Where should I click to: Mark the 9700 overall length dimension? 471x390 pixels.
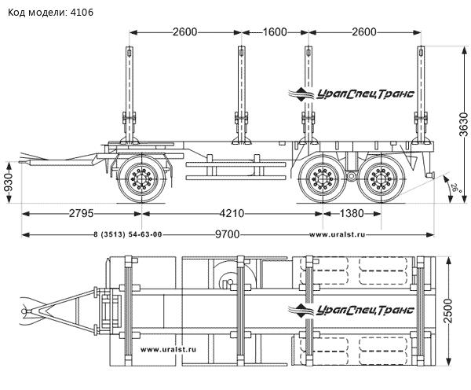click(x=226, y=235)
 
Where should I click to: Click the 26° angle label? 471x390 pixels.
click(x=455, y=188)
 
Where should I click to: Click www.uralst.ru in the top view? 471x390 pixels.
click(x=169, y=349)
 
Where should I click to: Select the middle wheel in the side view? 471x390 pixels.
click(x=323, y=182)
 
